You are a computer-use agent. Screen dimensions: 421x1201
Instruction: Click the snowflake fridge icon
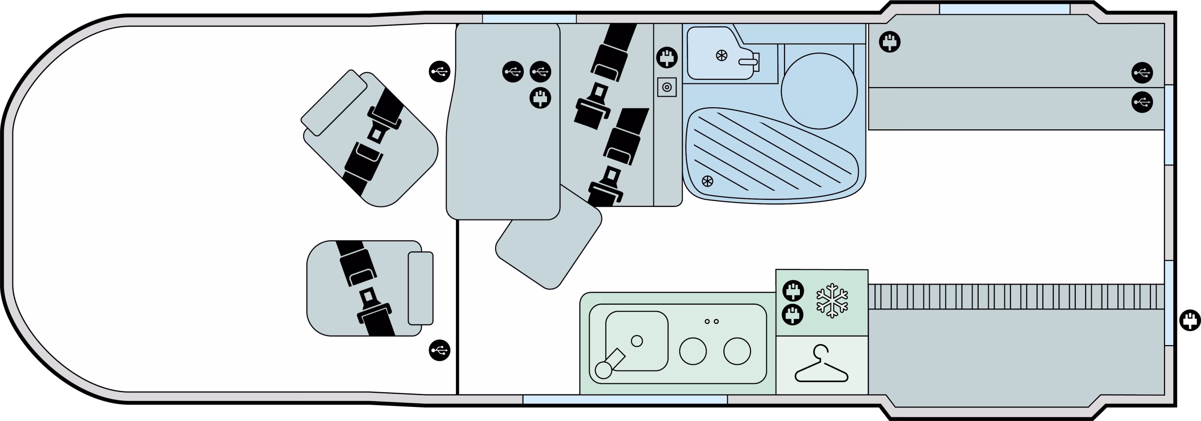(832, 301)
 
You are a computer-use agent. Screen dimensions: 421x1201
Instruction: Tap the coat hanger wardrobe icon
(821, 364)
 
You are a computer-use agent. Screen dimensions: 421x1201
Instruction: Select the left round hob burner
(693, 351)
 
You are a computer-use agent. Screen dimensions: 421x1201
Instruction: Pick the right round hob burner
(737, 351)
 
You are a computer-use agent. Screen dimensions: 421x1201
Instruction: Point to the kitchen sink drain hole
(637, 341)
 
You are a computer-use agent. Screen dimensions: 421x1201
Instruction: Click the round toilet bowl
(819, 91)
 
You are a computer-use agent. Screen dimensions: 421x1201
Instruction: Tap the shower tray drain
(707, 181)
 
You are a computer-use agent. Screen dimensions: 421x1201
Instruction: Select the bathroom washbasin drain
(722, 56)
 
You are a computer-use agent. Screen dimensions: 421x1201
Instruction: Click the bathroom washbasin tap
(749, 61)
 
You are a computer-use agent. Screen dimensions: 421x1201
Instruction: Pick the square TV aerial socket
(667, 87)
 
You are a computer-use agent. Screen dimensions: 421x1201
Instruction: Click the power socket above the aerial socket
(667, 58)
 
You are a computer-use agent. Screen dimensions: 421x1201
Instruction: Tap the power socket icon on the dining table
(540, 98)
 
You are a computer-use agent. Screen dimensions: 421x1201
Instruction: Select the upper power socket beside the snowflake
(793, 291)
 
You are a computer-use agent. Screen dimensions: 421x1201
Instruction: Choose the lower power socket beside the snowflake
(793, 315)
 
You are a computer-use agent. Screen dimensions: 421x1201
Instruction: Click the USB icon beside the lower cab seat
(440, 350)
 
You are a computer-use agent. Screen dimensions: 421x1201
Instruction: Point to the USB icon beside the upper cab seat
(440, 72)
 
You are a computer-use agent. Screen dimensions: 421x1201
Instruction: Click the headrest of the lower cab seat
(420, 288)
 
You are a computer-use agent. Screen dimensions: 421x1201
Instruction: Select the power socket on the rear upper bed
(889, 43)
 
